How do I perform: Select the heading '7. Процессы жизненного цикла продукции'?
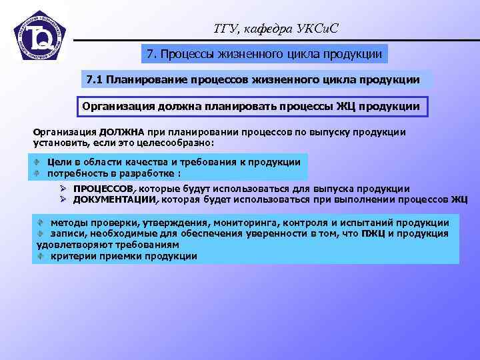(265, 53)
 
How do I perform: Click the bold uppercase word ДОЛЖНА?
(123, 132)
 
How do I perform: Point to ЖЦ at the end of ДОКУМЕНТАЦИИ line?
(459, 199)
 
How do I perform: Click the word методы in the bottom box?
(69, 223)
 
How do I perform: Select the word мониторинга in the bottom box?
(245, 223)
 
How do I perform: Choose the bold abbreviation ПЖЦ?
(372, 233)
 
